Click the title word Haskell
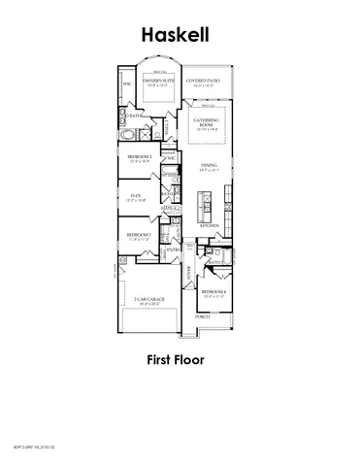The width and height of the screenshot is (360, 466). (x=180, y=35)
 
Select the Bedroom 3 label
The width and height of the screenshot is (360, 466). (x=136, y=235)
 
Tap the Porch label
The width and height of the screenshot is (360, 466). (x=203, y=316)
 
